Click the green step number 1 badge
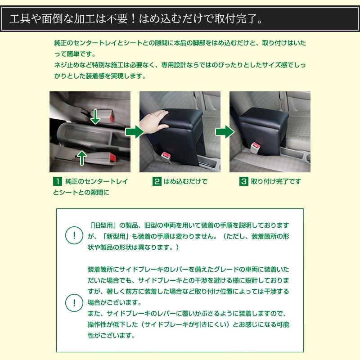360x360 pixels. point(57,182)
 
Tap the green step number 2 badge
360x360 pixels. point(157,182)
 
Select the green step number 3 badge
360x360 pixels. point(243,182)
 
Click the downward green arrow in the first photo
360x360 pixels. point(95,116)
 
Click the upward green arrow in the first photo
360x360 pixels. point(81,157)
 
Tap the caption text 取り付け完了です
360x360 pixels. point(276,182)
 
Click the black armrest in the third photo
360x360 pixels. point(261,121)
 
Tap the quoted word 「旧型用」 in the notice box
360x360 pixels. point(105,225)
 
